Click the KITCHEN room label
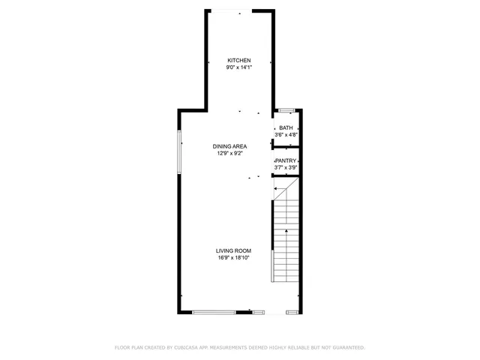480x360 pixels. click(239, 61)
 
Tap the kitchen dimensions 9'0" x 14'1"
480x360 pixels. click(239, 67)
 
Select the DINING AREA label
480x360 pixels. click(229, 146)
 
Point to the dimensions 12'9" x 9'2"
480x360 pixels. click(229, 153)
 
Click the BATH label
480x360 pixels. click(286, 128)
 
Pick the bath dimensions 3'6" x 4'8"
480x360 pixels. click(286, 135)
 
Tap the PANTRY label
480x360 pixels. click(286, 160)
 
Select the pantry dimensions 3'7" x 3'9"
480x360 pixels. click(286, 167)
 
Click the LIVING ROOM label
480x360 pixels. click(234, 250)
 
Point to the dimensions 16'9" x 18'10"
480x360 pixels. click(234, 257)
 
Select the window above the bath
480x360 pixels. click(286, 110)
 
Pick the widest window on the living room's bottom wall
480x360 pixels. click(214, 312)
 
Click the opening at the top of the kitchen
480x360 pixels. click(239, 11)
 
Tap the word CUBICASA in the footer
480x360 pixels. click(187, 348)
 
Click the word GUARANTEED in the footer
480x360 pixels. click(345, 348)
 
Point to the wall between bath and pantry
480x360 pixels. click(286, 145)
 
